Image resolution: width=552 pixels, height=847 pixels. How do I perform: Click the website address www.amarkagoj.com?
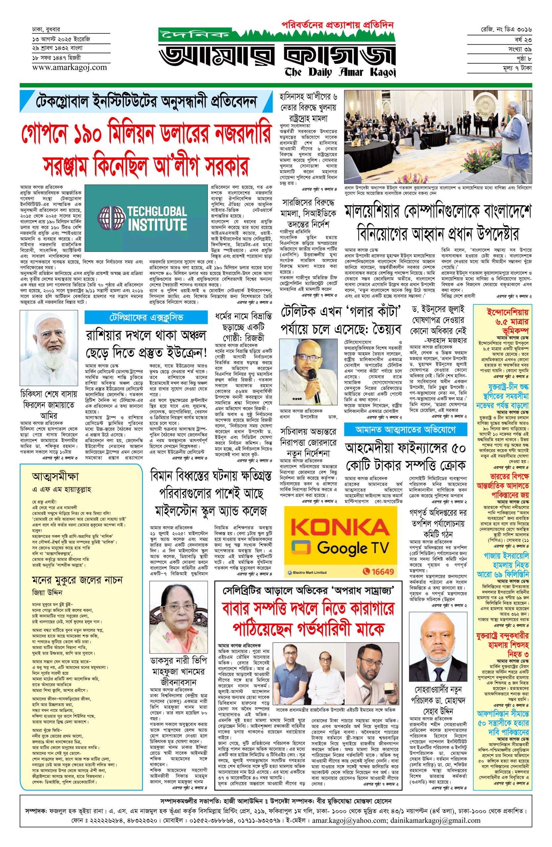click(x=70, y=67)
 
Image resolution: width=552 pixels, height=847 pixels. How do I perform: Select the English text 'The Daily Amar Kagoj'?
click(x=340, y=72)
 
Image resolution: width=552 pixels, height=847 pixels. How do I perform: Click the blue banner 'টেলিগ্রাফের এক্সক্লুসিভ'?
click(x=146, y=317)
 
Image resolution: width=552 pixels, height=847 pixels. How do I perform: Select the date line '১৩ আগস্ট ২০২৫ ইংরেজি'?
click(x=61, y=38)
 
